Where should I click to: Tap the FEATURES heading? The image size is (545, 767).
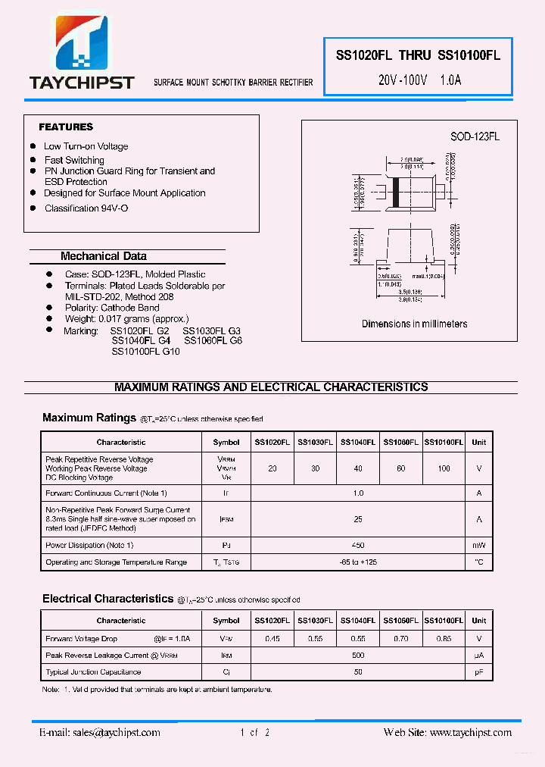click(x=66, y=127)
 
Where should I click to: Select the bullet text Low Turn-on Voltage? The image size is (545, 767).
click(x=86, y=146)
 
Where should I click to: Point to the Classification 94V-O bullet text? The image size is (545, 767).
click(x=86, y=208)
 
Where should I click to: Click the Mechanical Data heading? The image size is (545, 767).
click(x=104, y=256)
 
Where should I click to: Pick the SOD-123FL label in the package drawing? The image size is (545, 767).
click(x=475, y=137)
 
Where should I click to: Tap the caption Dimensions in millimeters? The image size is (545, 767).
click(x=414, y=324)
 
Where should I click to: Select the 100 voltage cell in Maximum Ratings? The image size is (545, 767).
click(x=444, y=468)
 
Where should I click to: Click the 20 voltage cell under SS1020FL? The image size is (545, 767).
click(x=272, y=468)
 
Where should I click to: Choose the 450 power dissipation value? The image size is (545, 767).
click(x=358, y=546)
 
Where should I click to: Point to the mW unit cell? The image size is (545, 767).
click(x=479, y=546)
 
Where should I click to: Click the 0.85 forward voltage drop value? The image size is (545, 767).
click(x=444, y=639)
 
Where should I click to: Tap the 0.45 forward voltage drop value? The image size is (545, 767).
click(x=272, y=639)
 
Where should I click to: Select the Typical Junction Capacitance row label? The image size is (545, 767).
click(x=93, y=672)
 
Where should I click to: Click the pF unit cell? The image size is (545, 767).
click(x=479, y=672)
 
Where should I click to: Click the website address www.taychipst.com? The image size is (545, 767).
click(x=469, y=733)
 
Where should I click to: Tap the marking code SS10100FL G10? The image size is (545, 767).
click(x=145, y=352)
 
